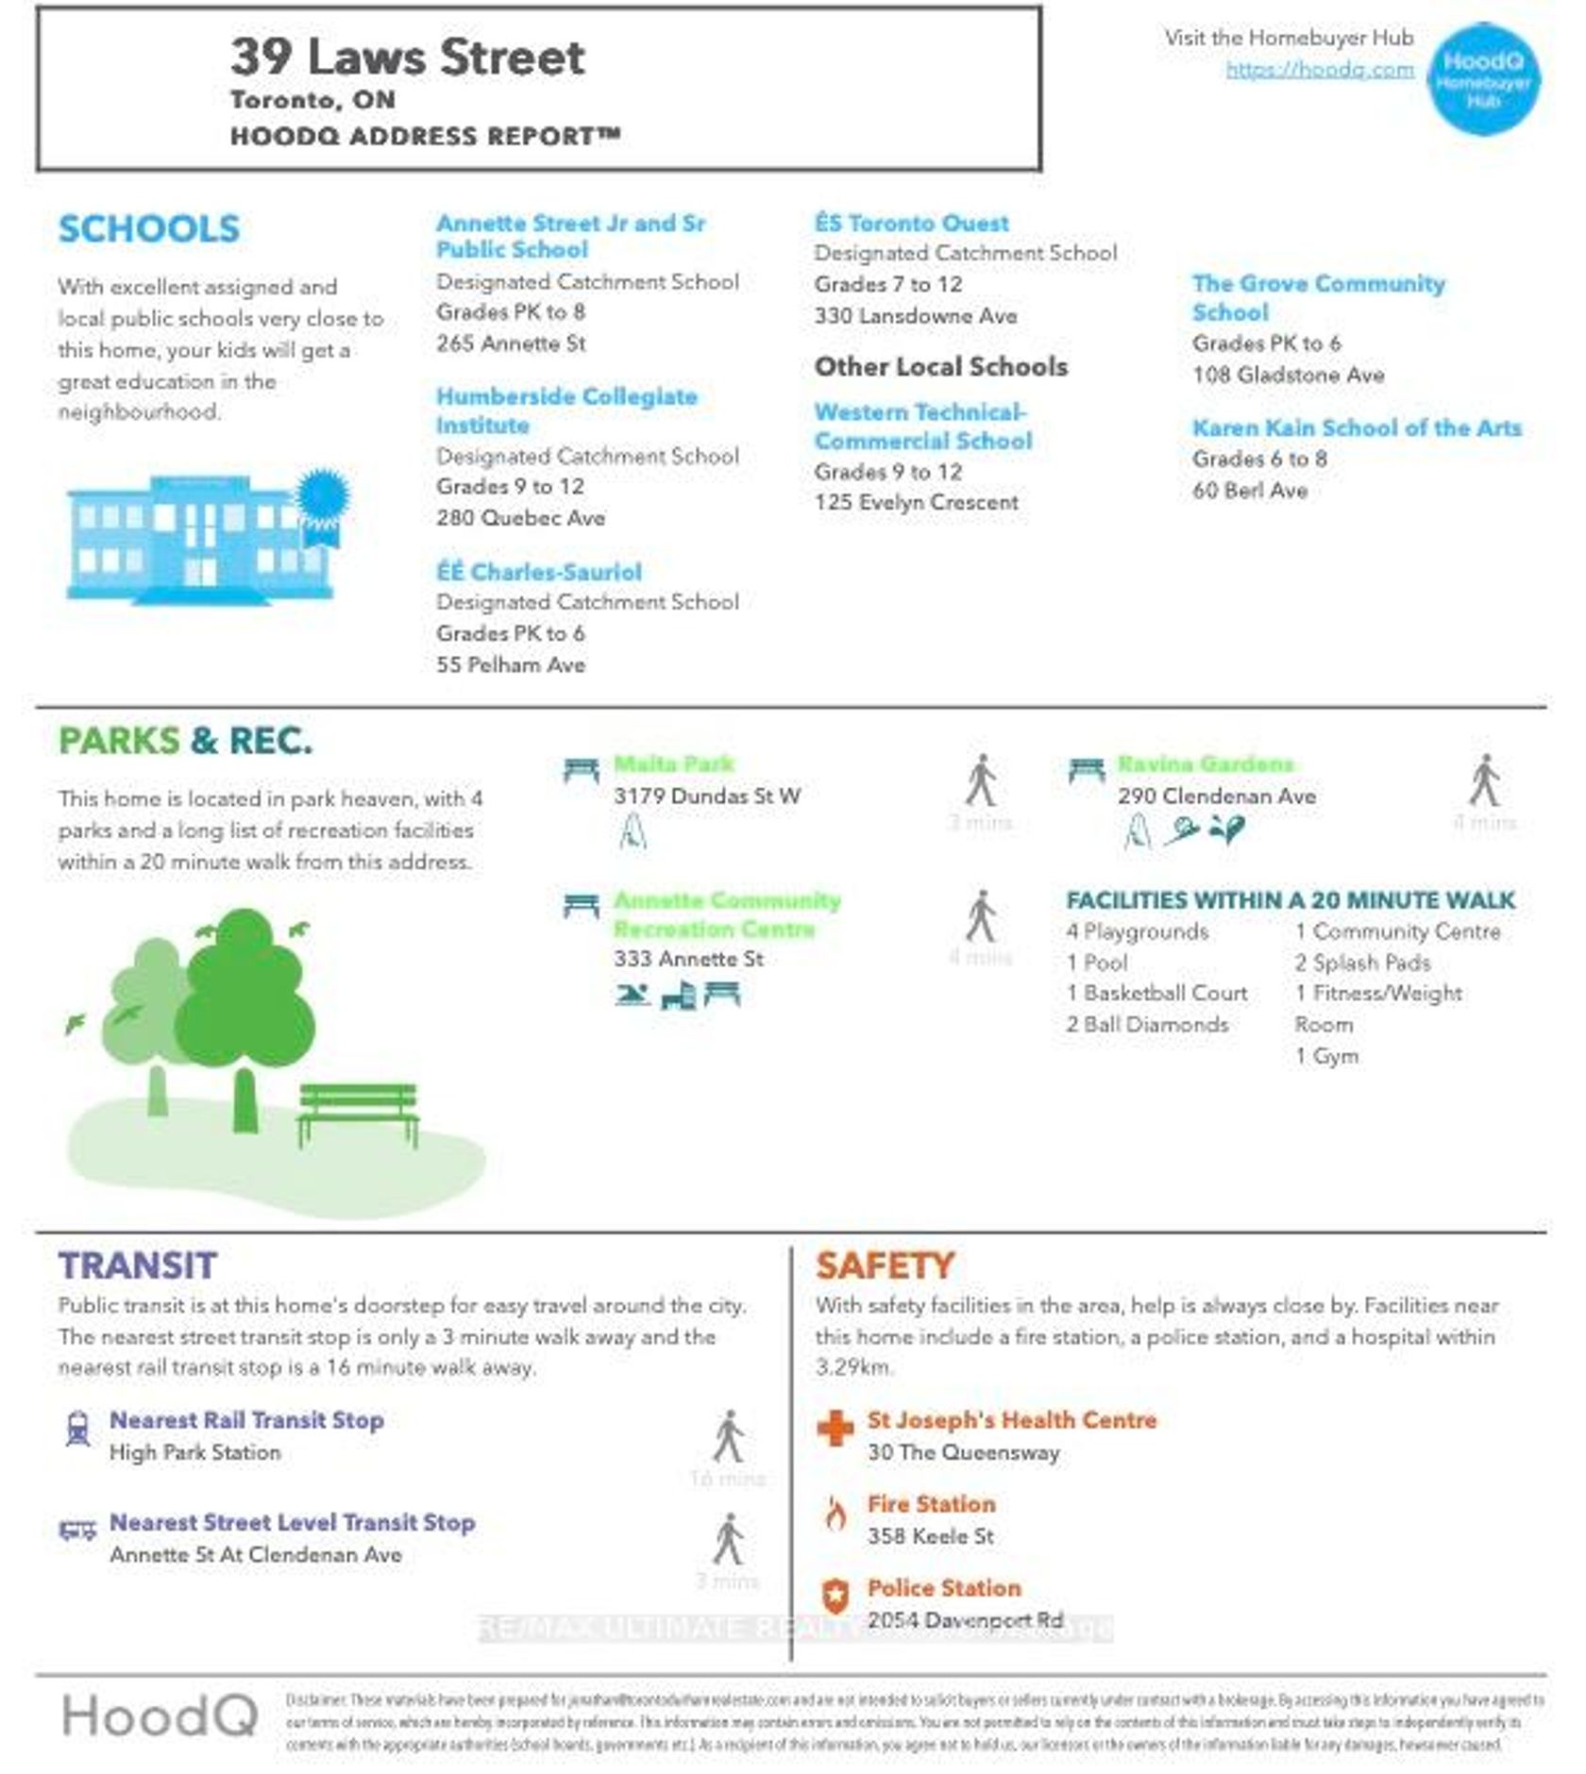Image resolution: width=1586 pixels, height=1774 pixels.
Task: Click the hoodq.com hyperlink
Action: pyautogui.click(x=1319, y=69)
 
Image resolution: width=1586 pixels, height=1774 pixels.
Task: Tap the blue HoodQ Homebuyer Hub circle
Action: pyautogui.click(x=1483, y=79)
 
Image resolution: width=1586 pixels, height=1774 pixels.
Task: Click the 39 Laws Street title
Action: pyautogui.click(x=408, y=57)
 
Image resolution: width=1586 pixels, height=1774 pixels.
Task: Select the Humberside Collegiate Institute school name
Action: pyautogui.click(x=566, y=410)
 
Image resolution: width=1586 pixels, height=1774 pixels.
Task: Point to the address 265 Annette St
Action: pyautogui.click(x=511, y=343)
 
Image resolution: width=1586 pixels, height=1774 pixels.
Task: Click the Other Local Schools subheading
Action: pyautogui.click(x=940, y=366)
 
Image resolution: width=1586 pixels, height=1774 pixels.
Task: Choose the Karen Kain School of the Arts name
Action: pyautogui.click(x=1357, y=427)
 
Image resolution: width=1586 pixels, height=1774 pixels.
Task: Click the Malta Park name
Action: pyautogui.click(x=673, y=764)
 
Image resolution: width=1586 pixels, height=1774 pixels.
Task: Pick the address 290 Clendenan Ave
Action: pyautogui.click(x=1217, y=795)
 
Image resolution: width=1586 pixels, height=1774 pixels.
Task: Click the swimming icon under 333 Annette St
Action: pyautogui.click(x=632, y=995)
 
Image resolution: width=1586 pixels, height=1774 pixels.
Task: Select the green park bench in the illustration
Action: pyautogui.click(x=358, y=1112)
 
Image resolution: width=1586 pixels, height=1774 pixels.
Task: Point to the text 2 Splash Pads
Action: pyautogui.click(x=1362, y=962)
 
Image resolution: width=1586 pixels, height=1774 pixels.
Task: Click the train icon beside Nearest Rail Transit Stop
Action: pyautogui.click(x=78, y=1429)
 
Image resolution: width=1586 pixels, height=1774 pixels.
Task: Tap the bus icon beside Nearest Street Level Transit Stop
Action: pyautogui.click(x=78, y=1530)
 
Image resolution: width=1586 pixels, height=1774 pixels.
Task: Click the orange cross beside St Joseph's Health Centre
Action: pyautogui.click(x=835, y=1429)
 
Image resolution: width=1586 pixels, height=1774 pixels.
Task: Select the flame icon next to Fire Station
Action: pyautogui.click(x=835, y=1514)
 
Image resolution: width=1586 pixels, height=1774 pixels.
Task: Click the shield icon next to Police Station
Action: pyautogui.click(x=835, y=1597)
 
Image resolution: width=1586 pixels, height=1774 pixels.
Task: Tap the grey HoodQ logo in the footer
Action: pyautogui.click(x=160, y=1715)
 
